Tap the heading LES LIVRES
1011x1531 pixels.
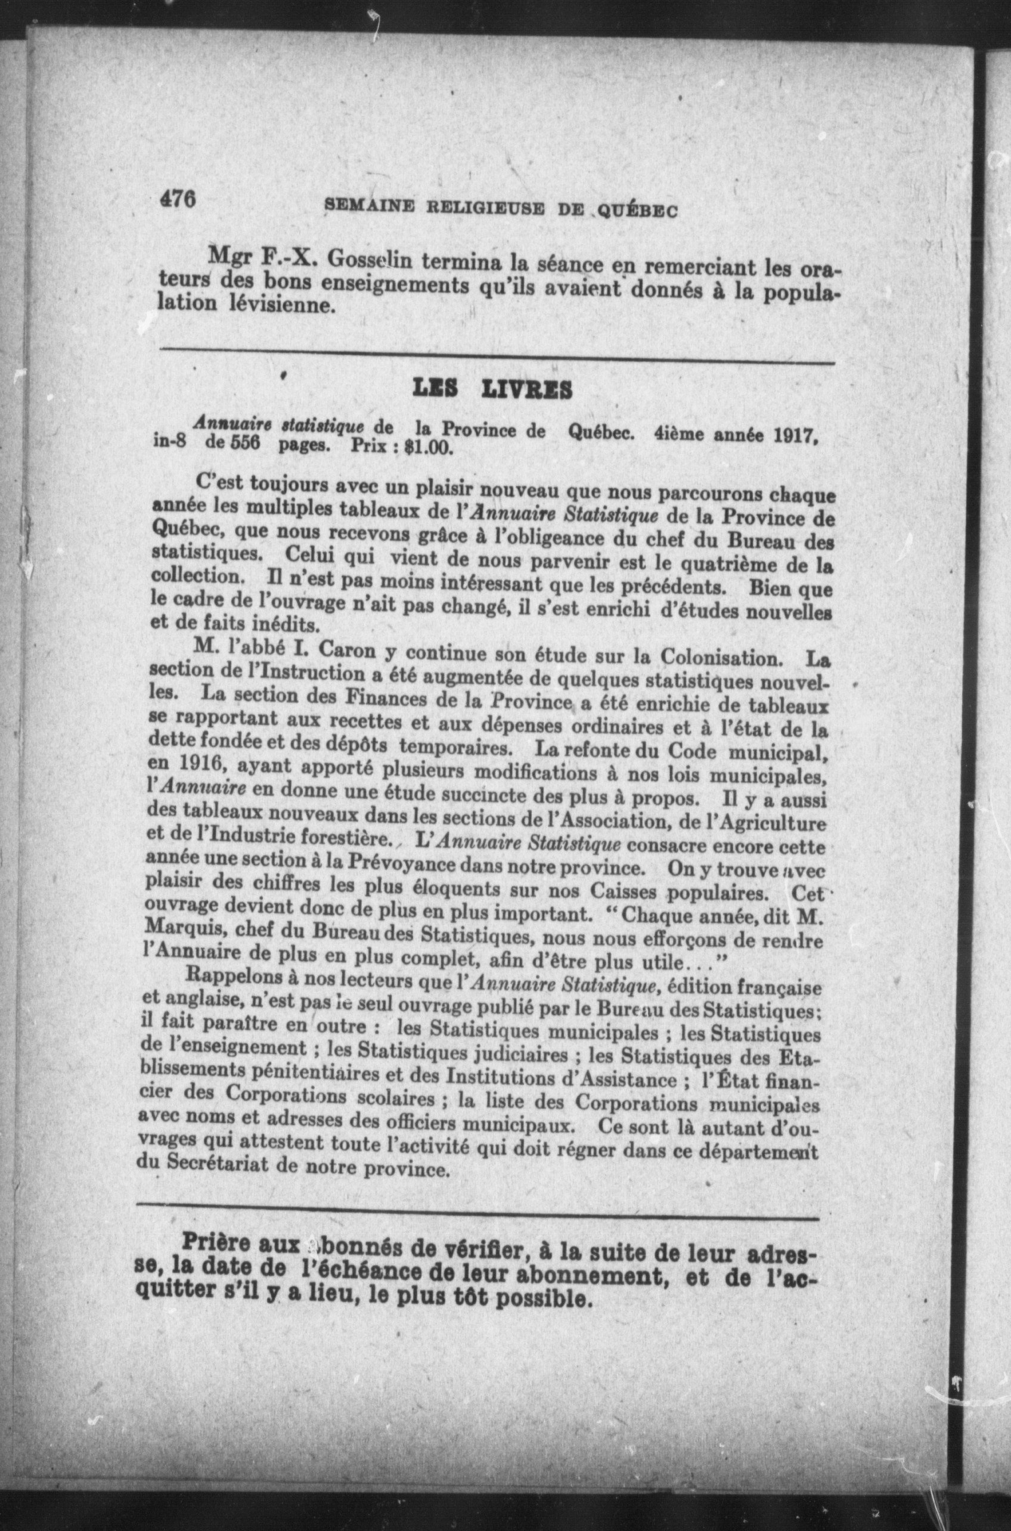492,389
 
